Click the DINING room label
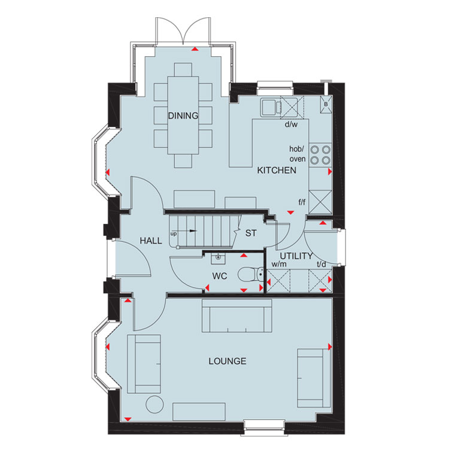pyautogui.click(x=183, y=116)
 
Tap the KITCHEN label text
pyautogui.click(x=277, y=171)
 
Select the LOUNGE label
pyautogui.click(x=227, y=361)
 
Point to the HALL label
pyautogui.click(x=151, y=241)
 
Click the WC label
pyautogui.click(x=220, y=276)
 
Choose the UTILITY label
pyautogui.click(x=296, y=256)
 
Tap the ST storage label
pyautogui.click(x=251, y=233)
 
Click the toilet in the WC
pyautogui.click(x=251, y=274)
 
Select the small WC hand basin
pyautogui.click(x=218, y=258)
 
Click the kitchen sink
pyautogui.click(x=271, y=107)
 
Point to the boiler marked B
pyautogui.click(x=326, y=104)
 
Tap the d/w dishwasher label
pyautogui.click(x=291, y=125)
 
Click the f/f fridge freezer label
pyautogui.click(x=302, y=202)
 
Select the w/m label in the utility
pyautogui.click(x=279, y=264)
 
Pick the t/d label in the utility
pyautogui.click(x=321, y=264)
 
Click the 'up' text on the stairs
pyautogui.click(x=174, y=234)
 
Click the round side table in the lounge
pyautogui.click(x=154, y=404)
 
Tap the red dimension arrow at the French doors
pyautogui.click(x=195, y=48)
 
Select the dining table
pyautogui.click(x=183, y=115)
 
